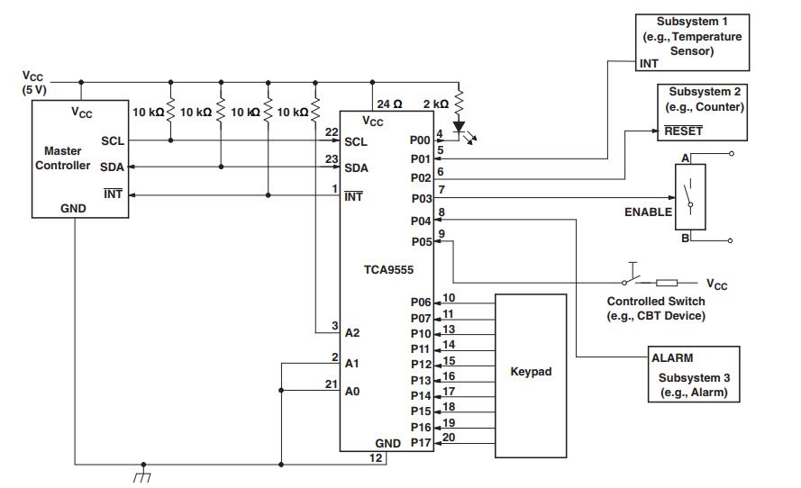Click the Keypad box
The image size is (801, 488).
pos(531,371)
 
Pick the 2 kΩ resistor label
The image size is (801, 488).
pos(435,104)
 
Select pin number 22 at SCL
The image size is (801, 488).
pos(332,131)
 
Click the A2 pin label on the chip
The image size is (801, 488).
pos(352,332)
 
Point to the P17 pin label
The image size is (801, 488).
pos(421,443)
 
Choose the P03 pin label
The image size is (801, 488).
pos(421,198)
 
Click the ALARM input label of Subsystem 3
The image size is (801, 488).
pos(672,357)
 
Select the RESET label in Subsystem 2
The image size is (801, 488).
pos(683,131)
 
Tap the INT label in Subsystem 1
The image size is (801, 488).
pos(649,64)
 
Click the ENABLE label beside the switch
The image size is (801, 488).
pos(648,212)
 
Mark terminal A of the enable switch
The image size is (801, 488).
pos(686,158)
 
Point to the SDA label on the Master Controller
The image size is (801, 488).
pos(113,167)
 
